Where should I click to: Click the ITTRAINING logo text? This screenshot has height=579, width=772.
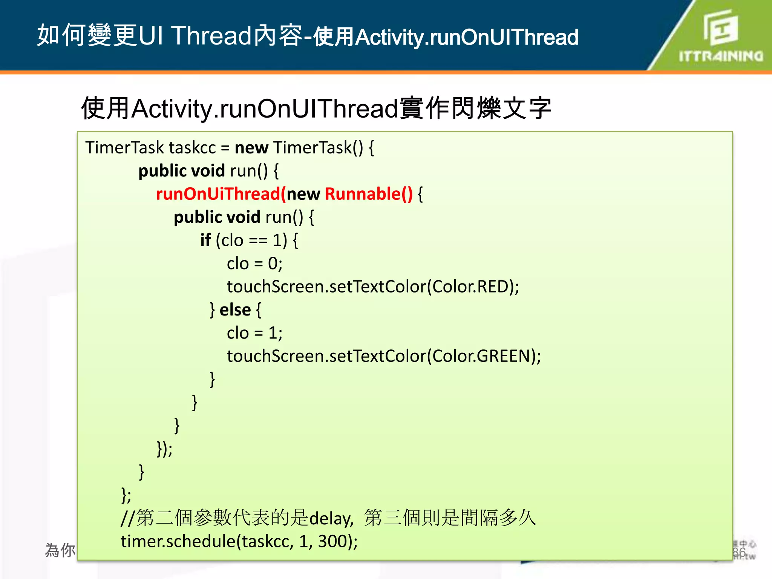[x=721, y=56]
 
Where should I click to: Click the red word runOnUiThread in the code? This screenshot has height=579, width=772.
[x=218, y=194]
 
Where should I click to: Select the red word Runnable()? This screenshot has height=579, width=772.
[x=369, y=194]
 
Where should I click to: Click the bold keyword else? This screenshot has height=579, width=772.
[x=235, y=310]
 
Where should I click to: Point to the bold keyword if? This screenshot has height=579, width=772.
[x=205, y=240]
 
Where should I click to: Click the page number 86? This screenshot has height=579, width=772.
[x=739, y=552]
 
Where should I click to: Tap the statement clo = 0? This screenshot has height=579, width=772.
[x=254, y=263]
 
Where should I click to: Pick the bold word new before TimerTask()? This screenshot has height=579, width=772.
[x=251, y=148]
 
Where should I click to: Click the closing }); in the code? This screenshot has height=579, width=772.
[x=164, y=449]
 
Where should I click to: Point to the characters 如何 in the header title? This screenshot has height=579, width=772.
[x=61, y=35]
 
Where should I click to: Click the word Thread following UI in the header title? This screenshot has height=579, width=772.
[x=211, y=36]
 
